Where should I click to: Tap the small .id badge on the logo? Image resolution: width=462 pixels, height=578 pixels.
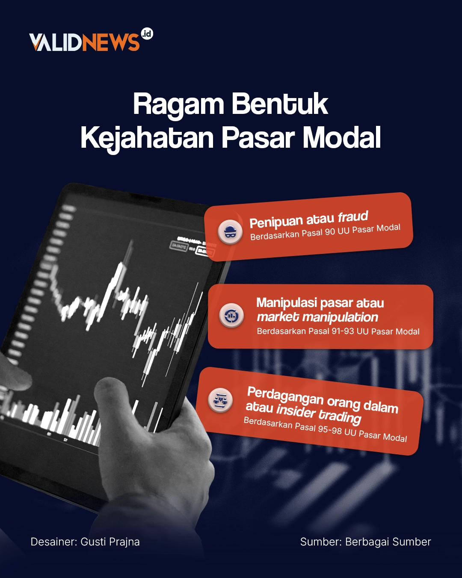click(x=147, y=34)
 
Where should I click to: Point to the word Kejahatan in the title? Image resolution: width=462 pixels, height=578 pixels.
click(x=147, y=138)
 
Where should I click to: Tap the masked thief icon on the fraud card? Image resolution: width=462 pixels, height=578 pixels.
click(x=230, y=232)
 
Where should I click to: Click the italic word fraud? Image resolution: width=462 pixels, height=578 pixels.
click(x=352, y=217)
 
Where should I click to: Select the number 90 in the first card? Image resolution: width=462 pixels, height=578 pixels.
click(x=330, y=232)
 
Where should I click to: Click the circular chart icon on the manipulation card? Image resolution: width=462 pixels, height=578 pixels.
click(x=231, y=316)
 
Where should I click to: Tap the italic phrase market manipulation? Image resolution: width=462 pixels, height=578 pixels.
click(x=317, y=317)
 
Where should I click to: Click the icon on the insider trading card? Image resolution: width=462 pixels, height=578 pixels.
click(x=220, y=399)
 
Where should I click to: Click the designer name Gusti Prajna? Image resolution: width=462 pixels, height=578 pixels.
click(x=110, y=542)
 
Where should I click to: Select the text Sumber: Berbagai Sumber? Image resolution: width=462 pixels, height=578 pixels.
click(x=365, y=542)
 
